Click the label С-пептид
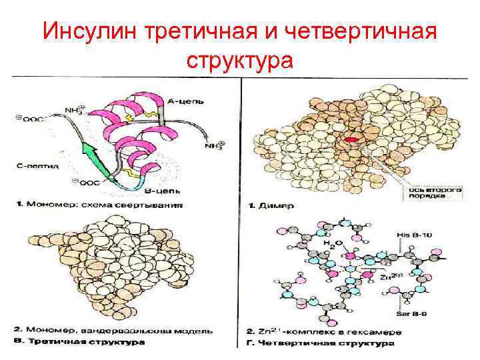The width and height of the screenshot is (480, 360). click(x=39, y=163)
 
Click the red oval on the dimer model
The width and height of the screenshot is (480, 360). click(x=351, y=139)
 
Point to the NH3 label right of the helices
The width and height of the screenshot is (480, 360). click(x=213, y=144)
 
